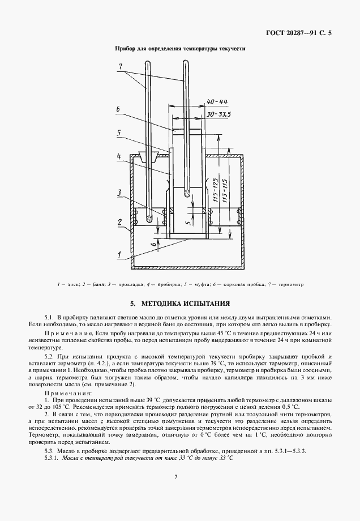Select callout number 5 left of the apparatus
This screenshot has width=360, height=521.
119,134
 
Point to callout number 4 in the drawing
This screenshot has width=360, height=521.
118,156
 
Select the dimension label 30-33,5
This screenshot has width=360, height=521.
216,113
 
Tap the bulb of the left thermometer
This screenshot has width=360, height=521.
149,217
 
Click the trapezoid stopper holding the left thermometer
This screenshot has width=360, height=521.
149,158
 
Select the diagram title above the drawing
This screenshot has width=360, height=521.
180,49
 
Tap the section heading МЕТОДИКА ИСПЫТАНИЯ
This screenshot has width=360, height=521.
180,303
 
